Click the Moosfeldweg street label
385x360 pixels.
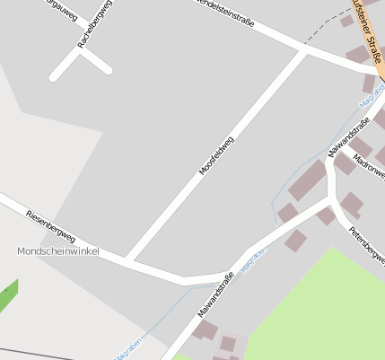pyautogui.click(x=215, y=154)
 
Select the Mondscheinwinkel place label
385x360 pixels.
pyautogui.click(x=57, y=251)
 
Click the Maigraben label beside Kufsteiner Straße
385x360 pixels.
pyautogui.click(x=372, y=100)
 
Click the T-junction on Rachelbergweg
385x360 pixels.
pyautogui.click(x=82, y=51)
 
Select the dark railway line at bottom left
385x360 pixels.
pyautogui.click(x=36, y=351)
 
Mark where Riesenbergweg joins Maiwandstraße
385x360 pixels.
pyautogui.click(x=229, y=270)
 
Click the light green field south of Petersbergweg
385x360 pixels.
pyautogui.click(x=323, y=305)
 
